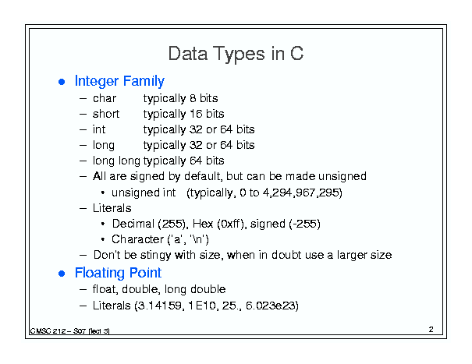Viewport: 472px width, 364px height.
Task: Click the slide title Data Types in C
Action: point(236,54)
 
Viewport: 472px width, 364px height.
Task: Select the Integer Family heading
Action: point(119,81)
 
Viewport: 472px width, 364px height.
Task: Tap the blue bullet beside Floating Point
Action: point(62,274)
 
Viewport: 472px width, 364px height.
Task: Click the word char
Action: point(105,98)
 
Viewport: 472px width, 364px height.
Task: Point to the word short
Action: point(106,114)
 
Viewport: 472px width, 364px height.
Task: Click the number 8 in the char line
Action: point(193,98)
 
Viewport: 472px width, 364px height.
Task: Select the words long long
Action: point(116,161)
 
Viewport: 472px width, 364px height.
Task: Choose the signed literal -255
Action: point(304,224)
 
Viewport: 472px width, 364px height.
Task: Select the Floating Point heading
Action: point(118,273)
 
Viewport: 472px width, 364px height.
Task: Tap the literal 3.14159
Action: point(159,306)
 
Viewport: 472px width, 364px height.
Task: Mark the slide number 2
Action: point(431,330)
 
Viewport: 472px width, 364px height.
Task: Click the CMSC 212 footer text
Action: point(70,331)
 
